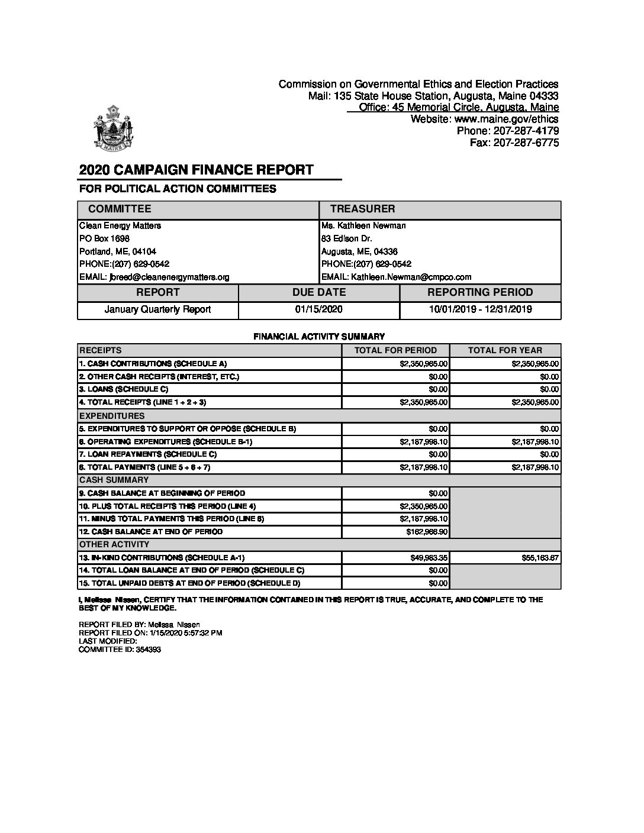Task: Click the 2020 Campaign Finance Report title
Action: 196,170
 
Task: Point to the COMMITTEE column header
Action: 120,209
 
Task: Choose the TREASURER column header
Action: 362,209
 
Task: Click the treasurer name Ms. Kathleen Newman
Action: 363,225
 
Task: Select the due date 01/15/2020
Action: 318,309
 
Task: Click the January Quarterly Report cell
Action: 157,309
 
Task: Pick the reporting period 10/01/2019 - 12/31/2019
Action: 480,309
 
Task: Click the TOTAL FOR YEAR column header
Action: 504,350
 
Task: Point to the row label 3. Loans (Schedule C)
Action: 124,389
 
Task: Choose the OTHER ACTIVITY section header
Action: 114,544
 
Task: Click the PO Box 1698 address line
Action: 104,238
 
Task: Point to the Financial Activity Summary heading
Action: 319,336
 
